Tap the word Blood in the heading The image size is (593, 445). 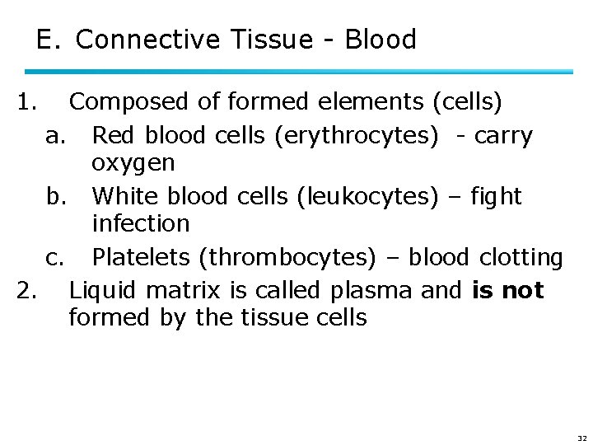click(381, 39)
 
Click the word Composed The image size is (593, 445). click(129, 102)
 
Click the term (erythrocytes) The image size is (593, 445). click(359, 135)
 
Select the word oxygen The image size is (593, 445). click(133, 163)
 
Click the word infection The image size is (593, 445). click(141, 223)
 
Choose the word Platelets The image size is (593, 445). click(142, 257)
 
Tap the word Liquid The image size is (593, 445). click(100, 290)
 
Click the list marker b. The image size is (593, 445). click(55, 196)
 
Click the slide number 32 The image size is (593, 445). click(582, 438)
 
